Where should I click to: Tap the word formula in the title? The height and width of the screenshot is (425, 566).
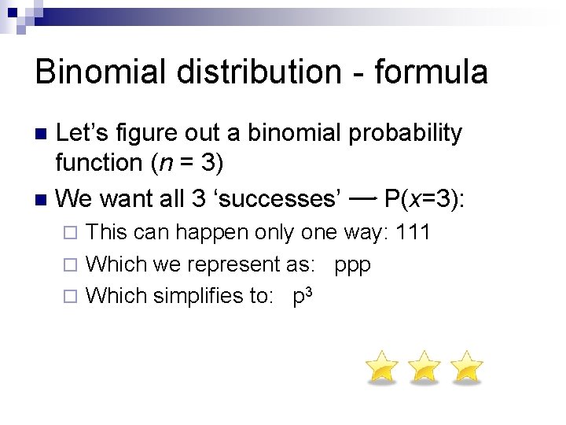click(x=432, y=72)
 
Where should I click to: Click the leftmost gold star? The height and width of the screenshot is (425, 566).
click(x=382, y=368)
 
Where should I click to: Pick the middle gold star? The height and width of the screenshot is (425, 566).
click(x=424, y=368)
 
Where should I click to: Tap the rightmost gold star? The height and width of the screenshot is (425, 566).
click(x=467, y=368)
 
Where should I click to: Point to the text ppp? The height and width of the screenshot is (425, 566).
click(x=352, y=264)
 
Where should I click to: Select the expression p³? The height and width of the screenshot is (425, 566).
click(x=303, y=296)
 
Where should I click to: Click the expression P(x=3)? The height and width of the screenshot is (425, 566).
click(x=424, y=198)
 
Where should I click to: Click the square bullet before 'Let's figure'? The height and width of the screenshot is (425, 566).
click(x=42, y=133)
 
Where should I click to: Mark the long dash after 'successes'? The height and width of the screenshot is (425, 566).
click(x=362, y=198)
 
